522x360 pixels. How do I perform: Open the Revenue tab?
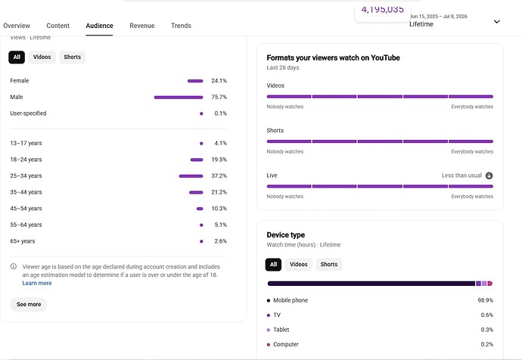[142, 26]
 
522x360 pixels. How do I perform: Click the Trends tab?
[181, 26]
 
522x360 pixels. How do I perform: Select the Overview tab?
[17, 26]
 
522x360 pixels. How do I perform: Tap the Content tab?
[58, 26]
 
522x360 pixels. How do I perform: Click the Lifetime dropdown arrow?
[497, 22]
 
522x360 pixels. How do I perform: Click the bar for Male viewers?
[179, 97]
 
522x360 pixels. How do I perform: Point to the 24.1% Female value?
[219, 80]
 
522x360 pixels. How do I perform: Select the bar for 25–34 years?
[191, 176]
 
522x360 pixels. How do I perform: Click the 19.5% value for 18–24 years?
[219, 160]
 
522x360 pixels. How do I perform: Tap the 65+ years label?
[22, 241]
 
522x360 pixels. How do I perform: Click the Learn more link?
[37, 283]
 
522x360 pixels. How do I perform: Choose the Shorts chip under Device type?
[329, 265]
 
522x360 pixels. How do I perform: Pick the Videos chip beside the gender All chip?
[42, 57]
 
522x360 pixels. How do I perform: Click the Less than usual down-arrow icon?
[489, 175]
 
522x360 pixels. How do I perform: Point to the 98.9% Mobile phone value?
[486, 300]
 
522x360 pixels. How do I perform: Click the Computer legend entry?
[283, 344]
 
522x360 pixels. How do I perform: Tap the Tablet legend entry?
[278, 330]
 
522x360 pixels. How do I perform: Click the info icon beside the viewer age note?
[14, 266]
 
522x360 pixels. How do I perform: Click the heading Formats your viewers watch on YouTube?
[333, 58]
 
